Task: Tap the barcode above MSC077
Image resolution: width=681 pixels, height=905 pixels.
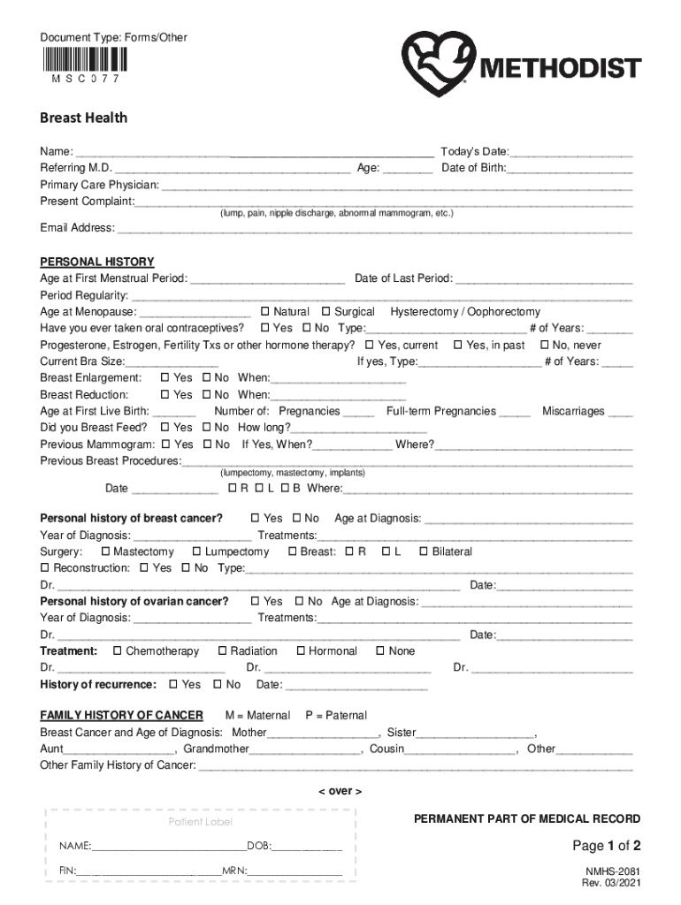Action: tap(84, 59)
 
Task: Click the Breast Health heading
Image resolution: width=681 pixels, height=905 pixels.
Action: tap(83, 118)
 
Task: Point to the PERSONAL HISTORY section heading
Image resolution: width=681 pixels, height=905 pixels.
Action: tap(97, 262)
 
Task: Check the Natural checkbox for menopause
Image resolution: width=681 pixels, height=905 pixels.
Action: tap(265, 312)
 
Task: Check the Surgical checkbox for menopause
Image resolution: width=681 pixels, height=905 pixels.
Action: tap(326, 312)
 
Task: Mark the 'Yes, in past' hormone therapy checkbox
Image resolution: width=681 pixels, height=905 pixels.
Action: tap(458, 346)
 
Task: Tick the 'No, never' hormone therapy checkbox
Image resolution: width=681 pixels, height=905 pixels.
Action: tap(545, 346)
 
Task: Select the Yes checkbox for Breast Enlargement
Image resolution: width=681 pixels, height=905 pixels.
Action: tap(165, 378)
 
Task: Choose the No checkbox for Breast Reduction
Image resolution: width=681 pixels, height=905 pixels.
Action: tap(207, 395)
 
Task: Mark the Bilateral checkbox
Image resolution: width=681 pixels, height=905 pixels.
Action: tap(424, 551)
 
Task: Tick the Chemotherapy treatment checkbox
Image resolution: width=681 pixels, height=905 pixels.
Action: tap(118, 651)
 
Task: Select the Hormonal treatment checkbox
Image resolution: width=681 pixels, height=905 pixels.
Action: tap(302, 651)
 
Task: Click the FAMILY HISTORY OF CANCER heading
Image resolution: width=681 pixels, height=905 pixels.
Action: tap(121, 715)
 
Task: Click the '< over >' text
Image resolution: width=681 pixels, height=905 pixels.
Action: tap(340, 791)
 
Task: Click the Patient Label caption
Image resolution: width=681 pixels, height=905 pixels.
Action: tap(201, 822)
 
